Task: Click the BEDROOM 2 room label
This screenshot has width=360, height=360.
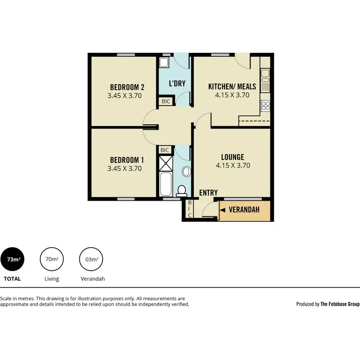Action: pyautogui.click(x=127, y=87)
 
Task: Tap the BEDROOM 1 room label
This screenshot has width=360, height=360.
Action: pyautogui.click(x=127, y=160)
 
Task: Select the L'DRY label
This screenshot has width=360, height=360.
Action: pyautogui.click(x=177, y=84)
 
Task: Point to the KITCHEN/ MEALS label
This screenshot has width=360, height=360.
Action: pyautogui.click(x=232, y=87)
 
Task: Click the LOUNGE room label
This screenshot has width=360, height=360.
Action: pyautogui.click(x=232, y=157)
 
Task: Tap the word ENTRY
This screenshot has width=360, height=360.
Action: pyautogui.click(x=208, y=192)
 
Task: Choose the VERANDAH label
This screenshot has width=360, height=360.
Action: pyautogui.click(x=244, y=210)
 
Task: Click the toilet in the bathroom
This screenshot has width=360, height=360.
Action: pyautogui.click(x=181, y=191)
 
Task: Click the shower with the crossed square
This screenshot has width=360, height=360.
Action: pyautogui.click(x=165, y=164)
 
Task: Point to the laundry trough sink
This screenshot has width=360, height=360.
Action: pyautogui.click(x=164, y=62)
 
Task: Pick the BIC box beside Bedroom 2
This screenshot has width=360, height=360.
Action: pyautogui.click(x=166, y=101)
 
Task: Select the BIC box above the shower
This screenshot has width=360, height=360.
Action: pyautogui.click(x=165, y=150)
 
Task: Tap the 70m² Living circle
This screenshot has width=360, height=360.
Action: pyautogui.click(x=51, y=260)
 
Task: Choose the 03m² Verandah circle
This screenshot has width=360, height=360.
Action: pyautogui.click(x=91, y=260)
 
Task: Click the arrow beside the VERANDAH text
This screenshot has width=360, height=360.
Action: pyautogui.click(x=223, y=210)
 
